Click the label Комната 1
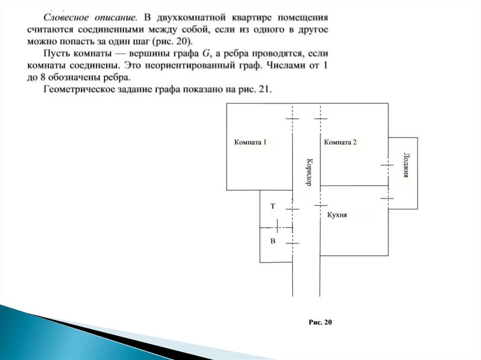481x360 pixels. coord(250,143)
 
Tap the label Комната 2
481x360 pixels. coord(340,143)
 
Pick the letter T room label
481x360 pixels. coord(272,206)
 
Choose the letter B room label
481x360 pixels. coord(272,241)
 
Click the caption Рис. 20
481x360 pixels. coord(320,322)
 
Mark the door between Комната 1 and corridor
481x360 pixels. coord(292,119)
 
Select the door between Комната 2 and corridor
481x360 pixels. coord(320,119)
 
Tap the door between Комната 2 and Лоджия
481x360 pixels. coord(388,165)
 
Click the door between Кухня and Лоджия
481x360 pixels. coord(388,199)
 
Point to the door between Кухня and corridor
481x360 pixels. coord(320,206)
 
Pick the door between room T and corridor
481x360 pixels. coord(292,209)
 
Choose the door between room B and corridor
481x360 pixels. coord(292,243)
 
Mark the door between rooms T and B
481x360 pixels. coord(277,227)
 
